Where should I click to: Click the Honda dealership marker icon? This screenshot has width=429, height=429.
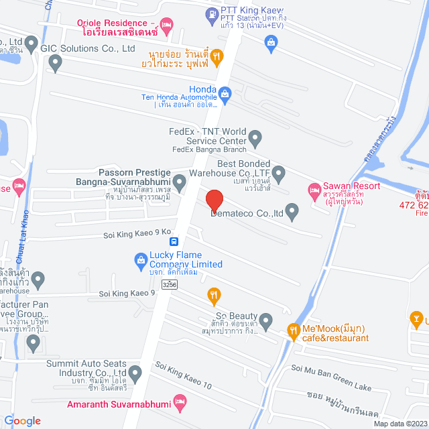[225, 94]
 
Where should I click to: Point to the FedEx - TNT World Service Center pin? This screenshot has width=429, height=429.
[255, 139]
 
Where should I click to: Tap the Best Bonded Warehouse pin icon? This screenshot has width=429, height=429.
[279, 174]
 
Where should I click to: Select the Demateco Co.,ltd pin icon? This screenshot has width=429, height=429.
[292, 211]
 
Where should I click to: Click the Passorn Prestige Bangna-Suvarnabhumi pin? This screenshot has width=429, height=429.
[179, 182]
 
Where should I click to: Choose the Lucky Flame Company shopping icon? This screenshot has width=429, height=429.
[140, 259]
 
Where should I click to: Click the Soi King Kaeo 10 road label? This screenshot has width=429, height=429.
[183, 377]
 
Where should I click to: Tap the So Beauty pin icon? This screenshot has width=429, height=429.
[266, 322]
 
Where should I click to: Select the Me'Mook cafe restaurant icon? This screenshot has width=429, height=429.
[293, 330]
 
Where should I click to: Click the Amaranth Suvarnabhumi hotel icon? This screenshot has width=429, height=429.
[179, 403]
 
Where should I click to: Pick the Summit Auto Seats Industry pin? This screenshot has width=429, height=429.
[135, 372]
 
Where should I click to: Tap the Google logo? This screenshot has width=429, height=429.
[23, 420]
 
